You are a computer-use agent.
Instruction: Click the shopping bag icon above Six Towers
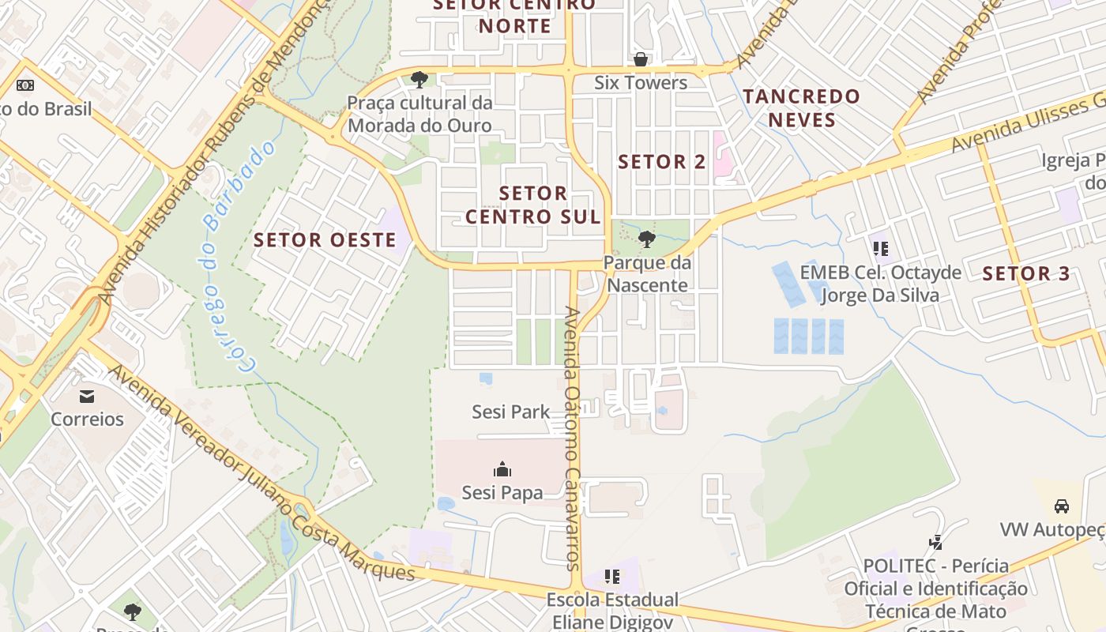click(641, 59)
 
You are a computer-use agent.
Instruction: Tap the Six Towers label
click(641, 82)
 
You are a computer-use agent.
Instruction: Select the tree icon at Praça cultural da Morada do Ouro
click(419, 79)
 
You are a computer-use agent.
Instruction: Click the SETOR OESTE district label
click(325, 240)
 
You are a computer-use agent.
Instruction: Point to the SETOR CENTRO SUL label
click(533, 205)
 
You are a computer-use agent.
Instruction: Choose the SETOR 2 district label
click(662, 162)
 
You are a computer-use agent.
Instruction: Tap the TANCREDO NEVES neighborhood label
click(801, 108)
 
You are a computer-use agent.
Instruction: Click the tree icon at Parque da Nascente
click(647, 239)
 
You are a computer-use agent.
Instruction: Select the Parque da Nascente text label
click(647, 273)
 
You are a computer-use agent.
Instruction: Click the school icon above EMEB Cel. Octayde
click(881, 250)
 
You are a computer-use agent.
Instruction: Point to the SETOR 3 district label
click(1025, 274)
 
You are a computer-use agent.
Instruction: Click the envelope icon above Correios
click(87, 396)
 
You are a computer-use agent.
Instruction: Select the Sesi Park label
click(510, 412)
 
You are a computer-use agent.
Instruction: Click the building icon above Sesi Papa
click(502, 470)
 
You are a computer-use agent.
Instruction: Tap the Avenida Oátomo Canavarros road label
click(574, 438)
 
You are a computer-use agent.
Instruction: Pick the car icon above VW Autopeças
click(1062, 506)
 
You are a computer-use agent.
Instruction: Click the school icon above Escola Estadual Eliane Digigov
click(612, 577)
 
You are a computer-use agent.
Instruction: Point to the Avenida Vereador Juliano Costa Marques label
click(261, 474)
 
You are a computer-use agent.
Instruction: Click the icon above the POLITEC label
click(936, 543)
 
